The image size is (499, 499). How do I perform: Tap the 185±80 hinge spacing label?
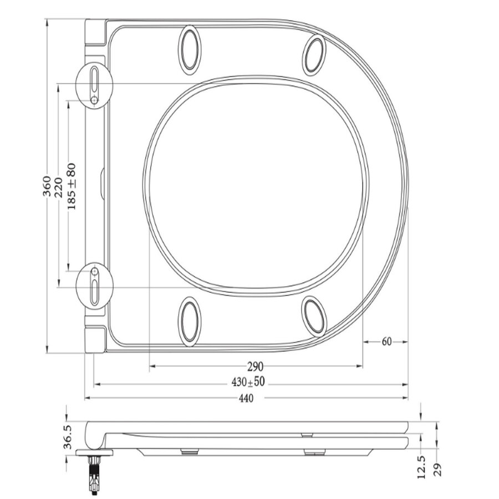point(71,186)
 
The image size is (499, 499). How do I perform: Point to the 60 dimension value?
point(386,342)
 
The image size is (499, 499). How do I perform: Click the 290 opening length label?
point(255,366)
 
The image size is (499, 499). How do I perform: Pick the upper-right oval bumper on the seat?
point(315,54)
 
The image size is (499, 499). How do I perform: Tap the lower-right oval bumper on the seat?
point(315,316)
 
